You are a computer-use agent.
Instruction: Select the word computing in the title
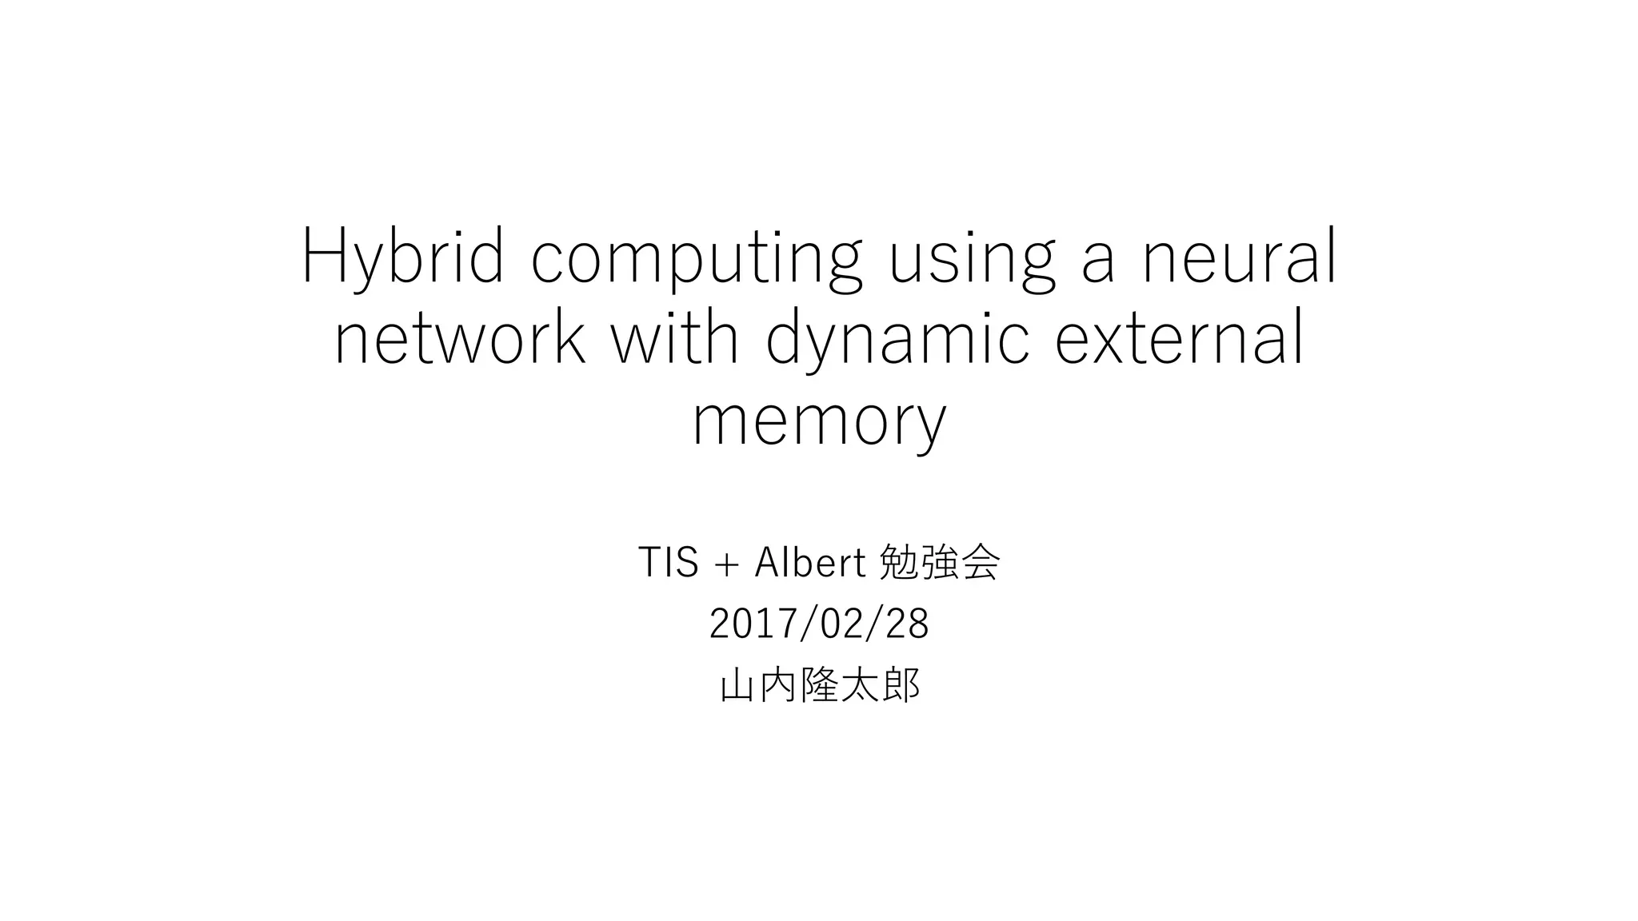click(697, 257)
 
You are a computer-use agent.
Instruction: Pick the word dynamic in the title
click(897, 340)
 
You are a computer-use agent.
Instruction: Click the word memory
click(819, 422)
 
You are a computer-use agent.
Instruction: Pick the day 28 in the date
click(907, 624)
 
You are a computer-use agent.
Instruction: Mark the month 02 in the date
click(840, 624)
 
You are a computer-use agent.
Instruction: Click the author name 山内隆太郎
click(819, 685)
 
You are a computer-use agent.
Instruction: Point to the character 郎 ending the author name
click(901, 685)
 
